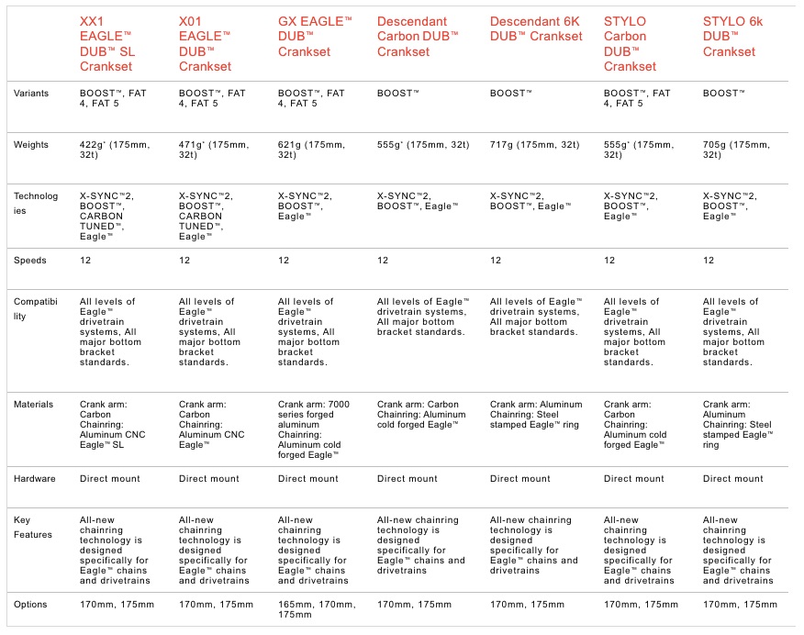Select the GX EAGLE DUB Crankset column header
pos(315,36)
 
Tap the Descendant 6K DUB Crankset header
pos(536,28)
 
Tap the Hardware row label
pos(36,479)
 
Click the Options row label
pos(33,605)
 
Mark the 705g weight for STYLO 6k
pos(737,150)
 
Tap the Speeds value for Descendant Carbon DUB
pos(384,261)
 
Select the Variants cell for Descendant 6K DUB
pos(511,94)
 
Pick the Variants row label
pos(34,94)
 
